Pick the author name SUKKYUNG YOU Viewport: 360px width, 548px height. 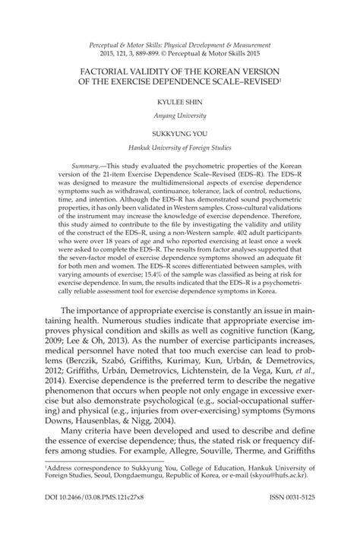(x=180, y=131)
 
